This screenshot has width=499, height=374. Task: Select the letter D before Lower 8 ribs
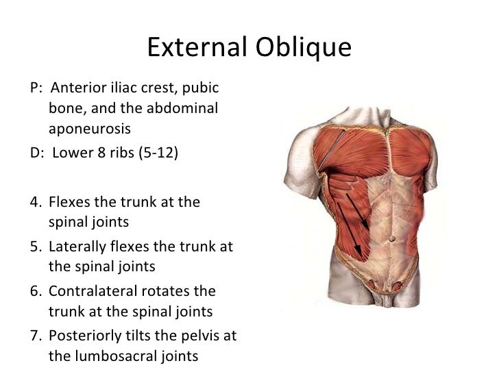tap(36, 151)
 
